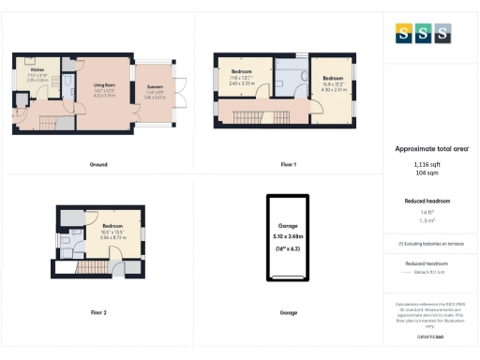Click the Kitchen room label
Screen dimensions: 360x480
click(37, 69)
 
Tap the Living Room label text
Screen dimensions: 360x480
click(104, 85)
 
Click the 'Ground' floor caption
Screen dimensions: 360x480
click(98, 164)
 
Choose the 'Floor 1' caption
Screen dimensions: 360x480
click(288, 164)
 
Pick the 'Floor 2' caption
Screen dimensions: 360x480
click(98, 311)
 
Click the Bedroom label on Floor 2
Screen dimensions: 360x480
click(112, 227)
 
